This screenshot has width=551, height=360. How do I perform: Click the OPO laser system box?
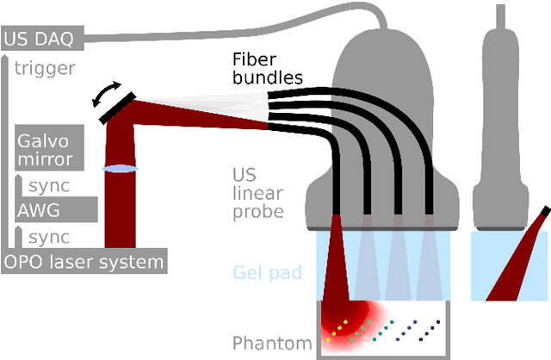click(83, 261)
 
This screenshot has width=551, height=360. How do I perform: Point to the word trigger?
click(45, 68)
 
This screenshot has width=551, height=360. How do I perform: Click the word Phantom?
click(272, 344)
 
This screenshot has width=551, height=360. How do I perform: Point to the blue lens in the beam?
click(121, 169)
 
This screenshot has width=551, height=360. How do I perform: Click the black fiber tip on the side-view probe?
click(543, 212)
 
